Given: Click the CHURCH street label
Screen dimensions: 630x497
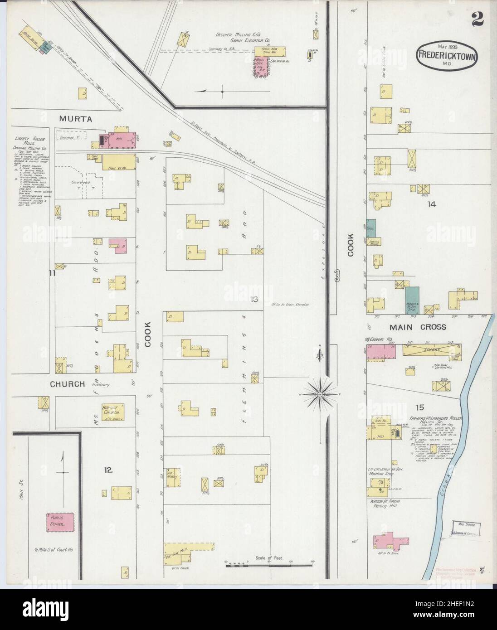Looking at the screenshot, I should coord(67,384).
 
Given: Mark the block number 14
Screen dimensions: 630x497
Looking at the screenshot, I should coord(430,204).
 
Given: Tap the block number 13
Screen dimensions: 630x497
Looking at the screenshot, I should coord(253,299).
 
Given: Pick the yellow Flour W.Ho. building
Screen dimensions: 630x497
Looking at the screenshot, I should coord(119,162).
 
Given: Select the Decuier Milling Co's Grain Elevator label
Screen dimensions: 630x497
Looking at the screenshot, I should coord(243,37).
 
